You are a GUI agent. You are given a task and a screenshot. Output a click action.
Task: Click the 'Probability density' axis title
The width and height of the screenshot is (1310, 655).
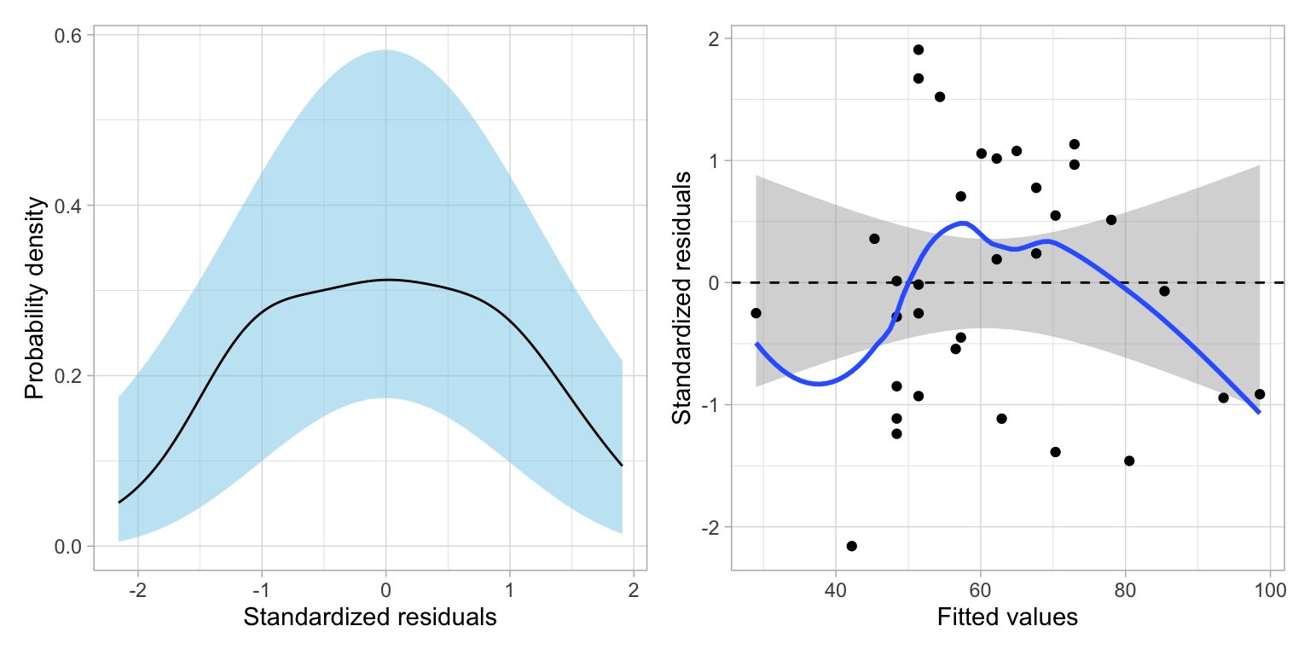[x=33, y=298]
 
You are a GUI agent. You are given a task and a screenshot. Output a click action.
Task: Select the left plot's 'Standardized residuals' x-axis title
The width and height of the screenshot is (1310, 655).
[x=369, y=617]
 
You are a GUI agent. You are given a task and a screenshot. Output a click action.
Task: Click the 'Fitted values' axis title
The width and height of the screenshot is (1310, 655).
[x=1007, y=617]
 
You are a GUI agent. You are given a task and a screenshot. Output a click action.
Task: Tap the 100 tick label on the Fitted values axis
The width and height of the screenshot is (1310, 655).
[x=1270, y=591]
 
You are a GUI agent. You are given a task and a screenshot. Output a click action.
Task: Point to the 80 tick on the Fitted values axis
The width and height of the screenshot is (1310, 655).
[x=1126, y=591]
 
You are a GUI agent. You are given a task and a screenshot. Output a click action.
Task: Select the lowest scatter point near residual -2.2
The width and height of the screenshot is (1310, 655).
[x=851, y=546]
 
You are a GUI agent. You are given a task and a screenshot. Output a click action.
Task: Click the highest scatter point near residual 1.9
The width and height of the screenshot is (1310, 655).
[x=918, y=49]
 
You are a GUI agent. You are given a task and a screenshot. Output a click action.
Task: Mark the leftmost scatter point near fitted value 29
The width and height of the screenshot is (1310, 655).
[x=756, y=313]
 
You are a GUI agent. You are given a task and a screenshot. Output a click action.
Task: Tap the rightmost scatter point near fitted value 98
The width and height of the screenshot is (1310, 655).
[x=1259, y=394]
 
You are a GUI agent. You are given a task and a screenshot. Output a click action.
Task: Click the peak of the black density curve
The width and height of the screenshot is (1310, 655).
[x=386, y=279]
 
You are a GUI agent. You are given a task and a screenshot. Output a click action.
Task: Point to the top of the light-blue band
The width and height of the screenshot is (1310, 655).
[x=385, y=50]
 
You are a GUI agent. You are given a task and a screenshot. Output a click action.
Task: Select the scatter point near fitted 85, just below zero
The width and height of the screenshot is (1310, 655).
[x=1164, y=291]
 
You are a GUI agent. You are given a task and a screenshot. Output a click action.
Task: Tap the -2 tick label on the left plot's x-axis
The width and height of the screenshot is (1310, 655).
[x=137, y=591]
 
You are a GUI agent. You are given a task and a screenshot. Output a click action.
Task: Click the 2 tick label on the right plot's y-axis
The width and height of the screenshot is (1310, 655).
[x=713, y=38]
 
